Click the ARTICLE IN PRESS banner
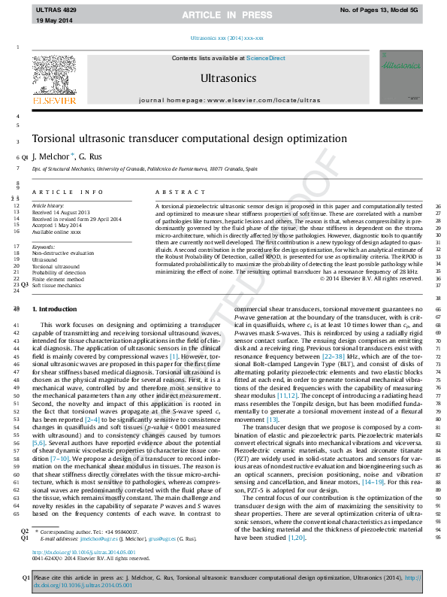pos(223,14)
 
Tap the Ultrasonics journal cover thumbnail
pos(400,77)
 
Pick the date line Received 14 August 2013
pos(57,212)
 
